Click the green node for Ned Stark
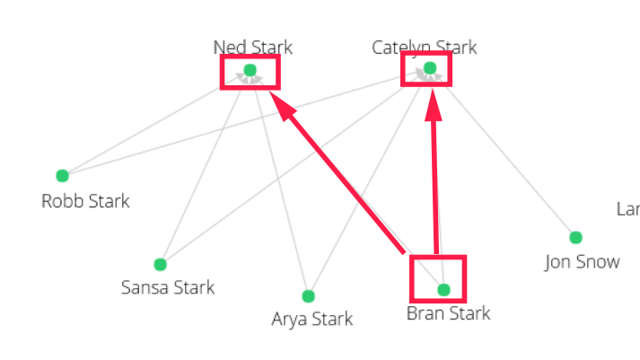pyautogui.click(x=250, y=70)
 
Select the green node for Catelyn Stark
pyautogui.click(x=430, y=68)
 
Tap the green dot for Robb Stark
pyautogui.click(x=62, y=175)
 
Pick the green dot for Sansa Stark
pyautogui.click(x=160, y=264)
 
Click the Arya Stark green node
pyautogui.click(x=308, y=296)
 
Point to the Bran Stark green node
pyautogui.click(x=443, y=290)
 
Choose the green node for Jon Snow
pyautogui.click(x=575, y=238)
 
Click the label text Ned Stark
pyautogui.click(x=252, y=48)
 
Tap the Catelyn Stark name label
pyautogui.click(x=424, y=48)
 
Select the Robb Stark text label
pyautogui.click(x=85, y=201)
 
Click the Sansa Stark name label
pyautogui.click(x=168, y=288)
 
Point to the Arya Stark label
pyautogui.click(x=312, y=319)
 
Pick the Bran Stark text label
pyautogui.click(x=449, y=313)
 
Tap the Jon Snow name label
pyautogui.click(x=582, y=262)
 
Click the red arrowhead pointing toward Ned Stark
pyautogui.click(x=284, y=109)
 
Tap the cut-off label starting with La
pyautogui.click(x=627, y=209)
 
